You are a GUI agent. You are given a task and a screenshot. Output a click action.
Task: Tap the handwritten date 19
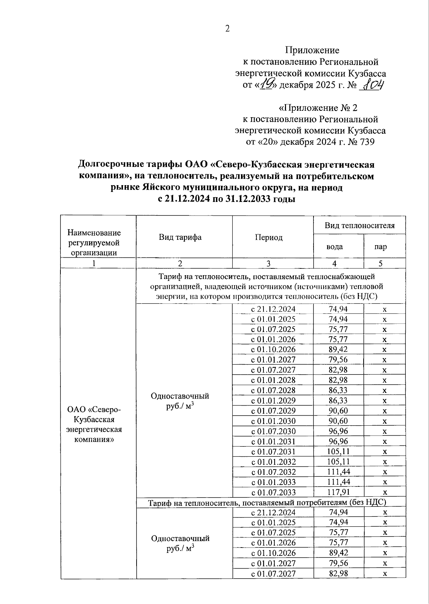[267, 85]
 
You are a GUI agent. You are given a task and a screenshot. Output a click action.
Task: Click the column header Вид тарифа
[180, 237]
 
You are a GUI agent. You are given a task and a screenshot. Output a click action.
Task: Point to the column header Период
[269, 238]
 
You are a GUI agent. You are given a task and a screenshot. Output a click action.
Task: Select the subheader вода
[335, 247]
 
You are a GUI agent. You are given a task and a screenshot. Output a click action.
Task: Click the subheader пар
[380, 247]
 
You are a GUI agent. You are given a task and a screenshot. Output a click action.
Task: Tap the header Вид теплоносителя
[359, 226]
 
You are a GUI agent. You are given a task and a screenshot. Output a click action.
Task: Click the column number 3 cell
[268, 264]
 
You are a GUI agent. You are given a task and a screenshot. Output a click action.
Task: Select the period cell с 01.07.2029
[273, 411]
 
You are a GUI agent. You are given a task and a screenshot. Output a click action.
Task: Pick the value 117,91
[339, 492]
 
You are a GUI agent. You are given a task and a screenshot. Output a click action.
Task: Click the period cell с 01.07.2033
[273, 492]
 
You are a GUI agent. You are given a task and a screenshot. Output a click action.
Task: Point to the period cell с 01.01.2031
[273, 441]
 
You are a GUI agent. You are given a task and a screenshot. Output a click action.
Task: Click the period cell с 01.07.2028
[273, 390]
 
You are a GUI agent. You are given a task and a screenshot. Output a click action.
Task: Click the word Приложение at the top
[312, 50]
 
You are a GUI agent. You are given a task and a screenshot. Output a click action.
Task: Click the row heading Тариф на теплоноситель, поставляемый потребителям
[267, 502]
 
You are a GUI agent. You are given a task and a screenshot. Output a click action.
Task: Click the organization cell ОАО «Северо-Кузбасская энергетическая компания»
[94, 424]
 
